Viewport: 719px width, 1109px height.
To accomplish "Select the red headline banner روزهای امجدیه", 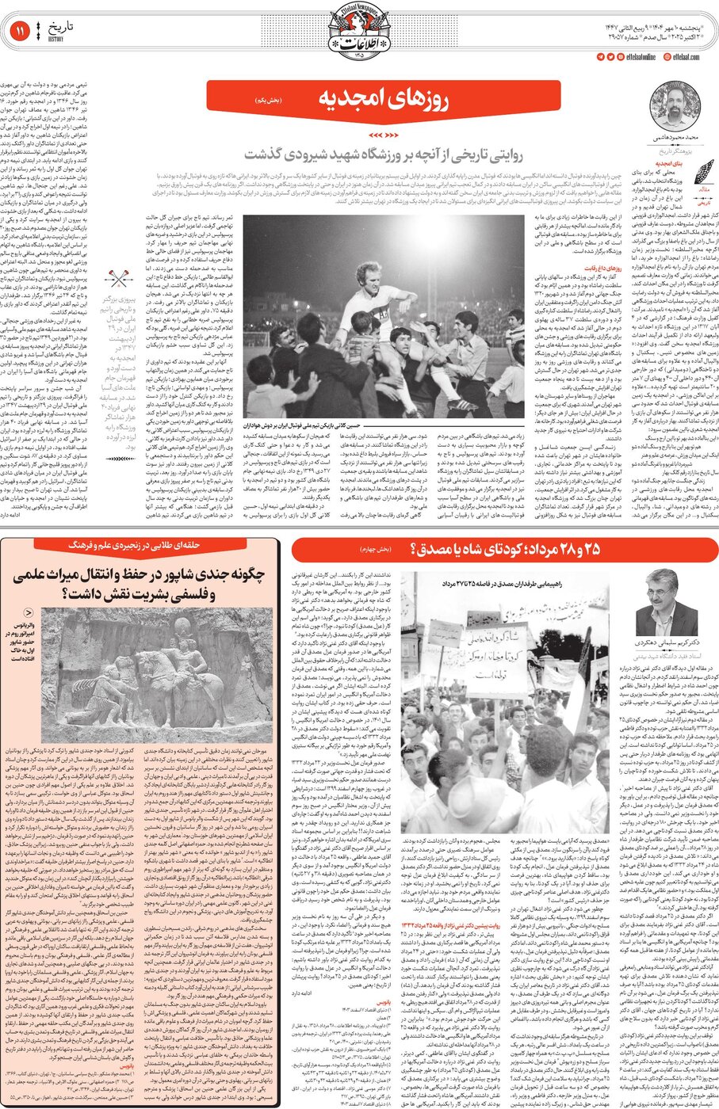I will [x=383, y=97].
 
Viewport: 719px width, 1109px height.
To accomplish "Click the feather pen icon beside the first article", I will [x=703, y=171].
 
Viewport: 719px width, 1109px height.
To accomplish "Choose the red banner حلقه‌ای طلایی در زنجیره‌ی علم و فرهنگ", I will [x=142, y=545].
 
